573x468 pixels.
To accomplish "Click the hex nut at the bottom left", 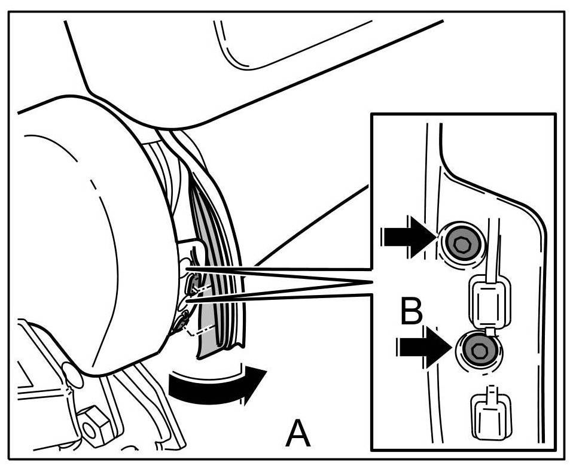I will [92, 426].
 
